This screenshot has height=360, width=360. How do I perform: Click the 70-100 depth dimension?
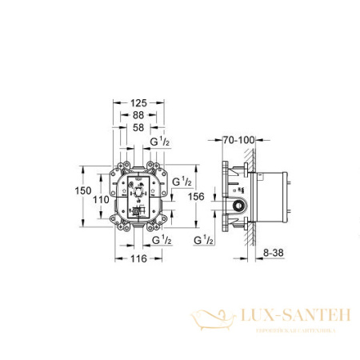coord(238,139)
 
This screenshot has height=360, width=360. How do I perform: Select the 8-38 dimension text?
coord(274,250)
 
